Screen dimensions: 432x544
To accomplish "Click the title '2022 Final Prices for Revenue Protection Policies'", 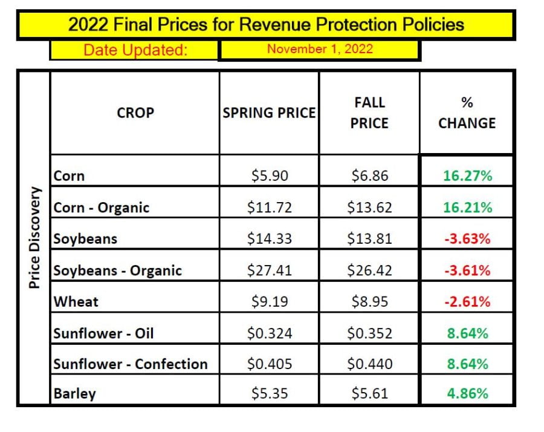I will (x=266, y=25).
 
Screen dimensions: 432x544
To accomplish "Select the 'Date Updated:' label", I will (x=135, y=50).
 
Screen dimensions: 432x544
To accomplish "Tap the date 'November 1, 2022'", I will (x=320, y=50).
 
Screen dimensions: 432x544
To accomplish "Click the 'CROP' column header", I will (x=135, y=113).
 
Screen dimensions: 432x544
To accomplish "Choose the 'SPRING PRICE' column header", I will (x=269, y=113).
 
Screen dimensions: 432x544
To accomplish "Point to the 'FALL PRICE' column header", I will (x=369, y=113).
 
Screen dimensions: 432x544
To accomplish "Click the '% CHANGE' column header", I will (x=467, y=113).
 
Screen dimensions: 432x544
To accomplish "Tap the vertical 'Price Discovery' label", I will (x=35, y=237).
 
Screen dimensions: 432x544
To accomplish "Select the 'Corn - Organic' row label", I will (x=102, y=208).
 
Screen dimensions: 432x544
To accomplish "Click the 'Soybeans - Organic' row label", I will (x=118, y=270).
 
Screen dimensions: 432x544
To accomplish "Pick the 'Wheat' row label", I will (x=76, y=301).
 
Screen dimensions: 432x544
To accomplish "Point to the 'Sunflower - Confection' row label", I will (x=131, y=364).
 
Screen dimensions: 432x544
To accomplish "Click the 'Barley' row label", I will (x=75, y=394).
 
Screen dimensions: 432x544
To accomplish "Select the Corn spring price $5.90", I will (x=269, y=176).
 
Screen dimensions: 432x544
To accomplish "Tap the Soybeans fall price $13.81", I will (x=369, y=239).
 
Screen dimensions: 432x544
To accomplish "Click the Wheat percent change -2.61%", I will (x=467, y=301).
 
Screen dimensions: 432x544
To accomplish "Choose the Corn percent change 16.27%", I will (x=467, y=176).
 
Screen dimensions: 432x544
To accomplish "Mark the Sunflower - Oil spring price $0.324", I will (x=269, y=333).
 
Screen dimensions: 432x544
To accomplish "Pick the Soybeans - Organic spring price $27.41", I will (x=269, y=270).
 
